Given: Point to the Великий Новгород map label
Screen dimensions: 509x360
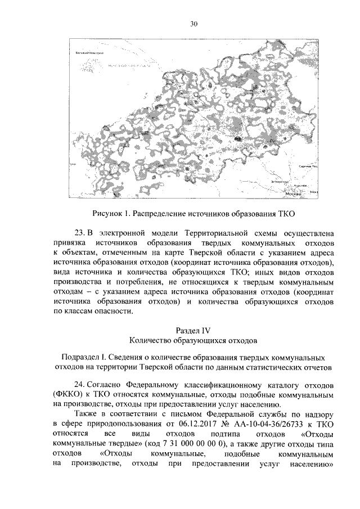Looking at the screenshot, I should click(x=91, y=52).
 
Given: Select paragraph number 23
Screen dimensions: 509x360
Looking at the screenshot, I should click(x=79, y=232).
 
